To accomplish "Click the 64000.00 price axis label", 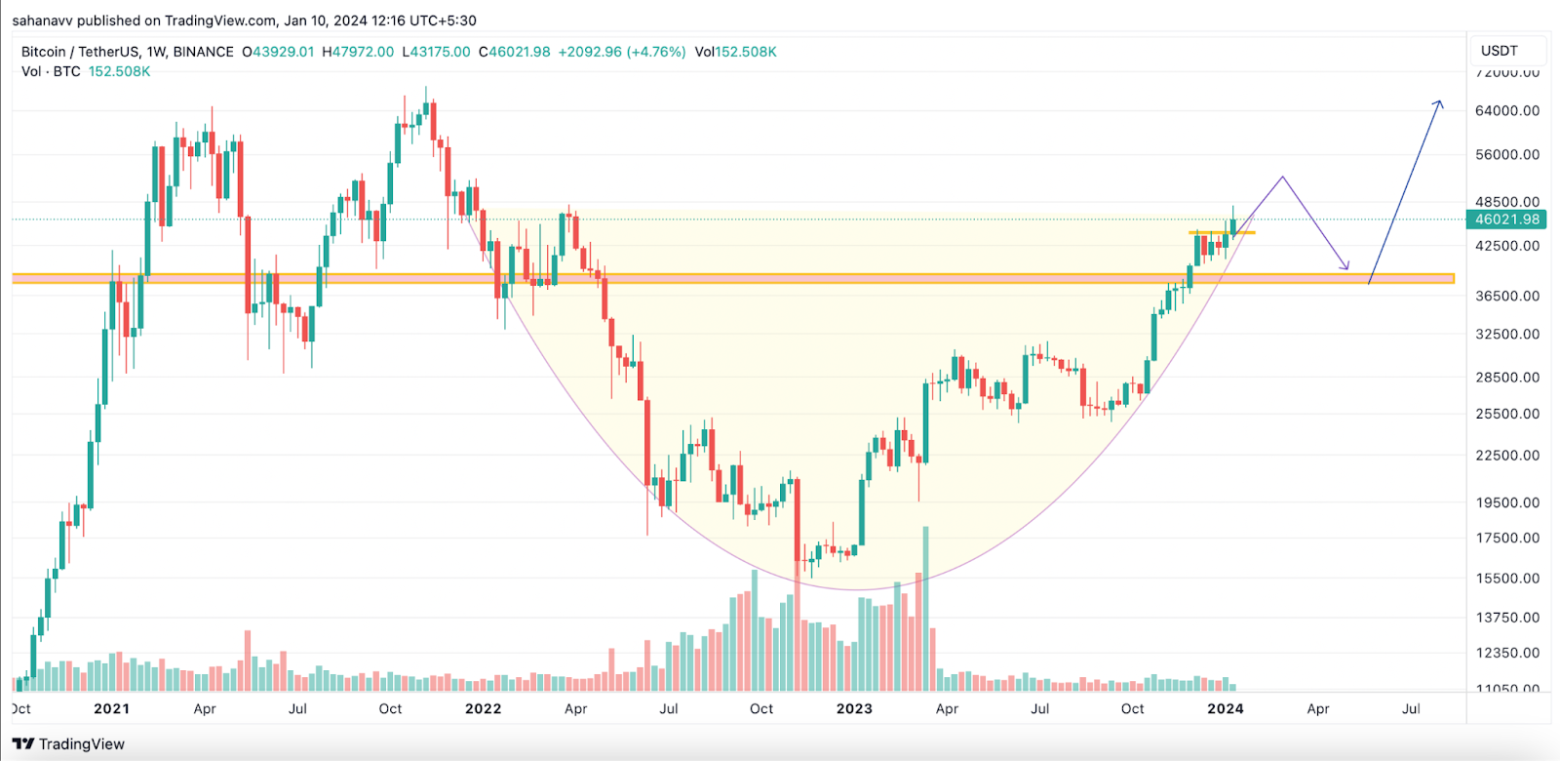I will [x=1506, y=110].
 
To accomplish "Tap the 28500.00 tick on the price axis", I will [x=1506, y=377].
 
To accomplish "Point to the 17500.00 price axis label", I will [x=1506, y=538].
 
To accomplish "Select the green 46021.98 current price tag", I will [x=1506, y=220].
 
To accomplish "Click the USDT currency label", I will [x=1499, y=51].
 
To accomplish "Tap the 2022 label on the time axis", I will [x=483, y=709].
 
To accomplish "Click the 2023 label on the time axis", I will [x=854, y=709].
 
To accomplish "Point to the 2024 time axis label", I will [x=1225, y=709].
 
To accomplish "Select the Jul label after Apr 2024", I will [x=1410, y=709].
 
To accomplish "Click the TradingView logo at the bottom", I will [x=69, y=744].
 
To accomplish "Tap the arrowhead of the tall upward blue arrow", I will [x=1439, y=102].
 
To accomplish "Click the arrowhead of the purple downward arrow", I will [x=1346, y=267].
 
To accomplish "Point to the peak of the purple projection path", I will [x=1283, y=178].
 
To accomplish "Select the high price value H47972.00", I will [x=358, y=52].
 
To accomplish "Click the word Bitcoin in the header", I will [x=44, y=52].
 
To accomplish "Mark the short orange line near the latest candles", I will [x=1222, y=232].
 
